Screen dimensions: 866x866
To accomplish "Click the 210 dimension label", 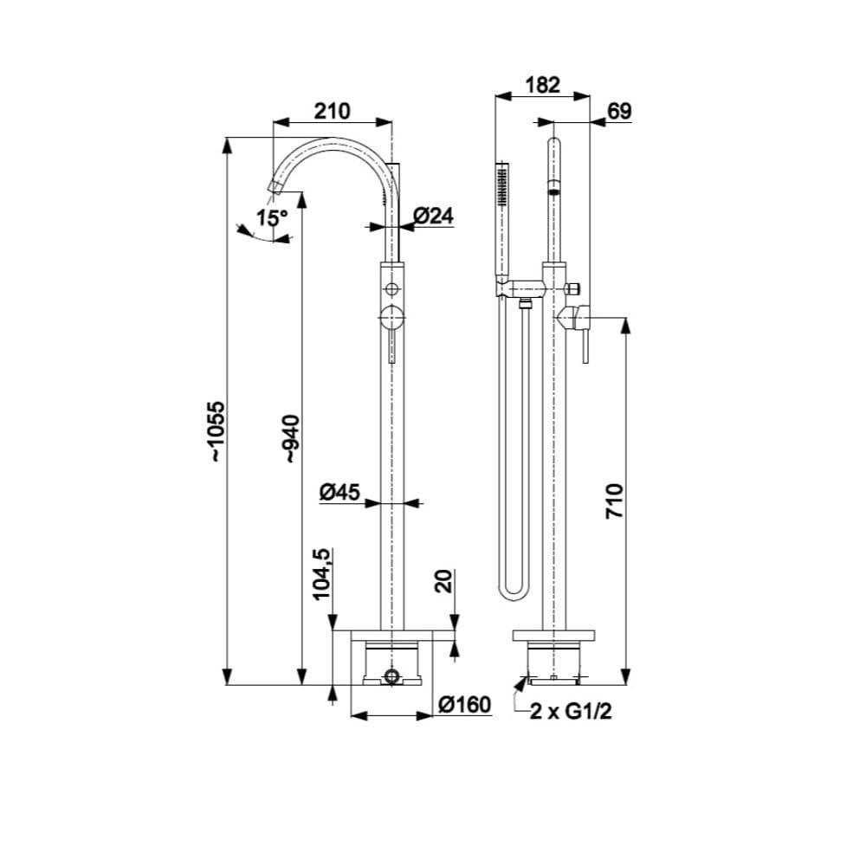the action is click(x=332, y=111).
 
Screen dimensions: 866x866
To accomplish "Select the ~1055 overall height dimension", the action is click(x=217, y=431).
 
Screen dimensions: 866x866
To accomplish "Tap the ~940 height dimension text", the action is click(x=291, y=439).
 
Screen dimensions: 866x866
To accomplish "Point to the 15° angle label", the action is click(x=272, y=217).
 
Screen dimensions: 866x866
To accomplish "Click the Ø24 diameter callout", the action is click(x=433, y=215).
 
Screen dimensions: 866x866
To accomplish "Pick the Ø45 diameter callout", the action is click(x=339, y=492).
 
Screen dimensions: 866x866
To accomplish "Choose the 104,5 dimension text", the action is click(x=321, y=574).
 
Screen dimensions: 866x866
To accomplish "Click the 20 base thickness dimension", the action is click(x=444, y=580).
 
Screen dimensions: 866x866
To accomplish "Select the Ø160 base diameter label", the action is click(x=464, y=705).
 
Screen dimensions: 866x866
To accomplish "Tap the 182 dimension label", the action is click(x=542, y=85).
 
